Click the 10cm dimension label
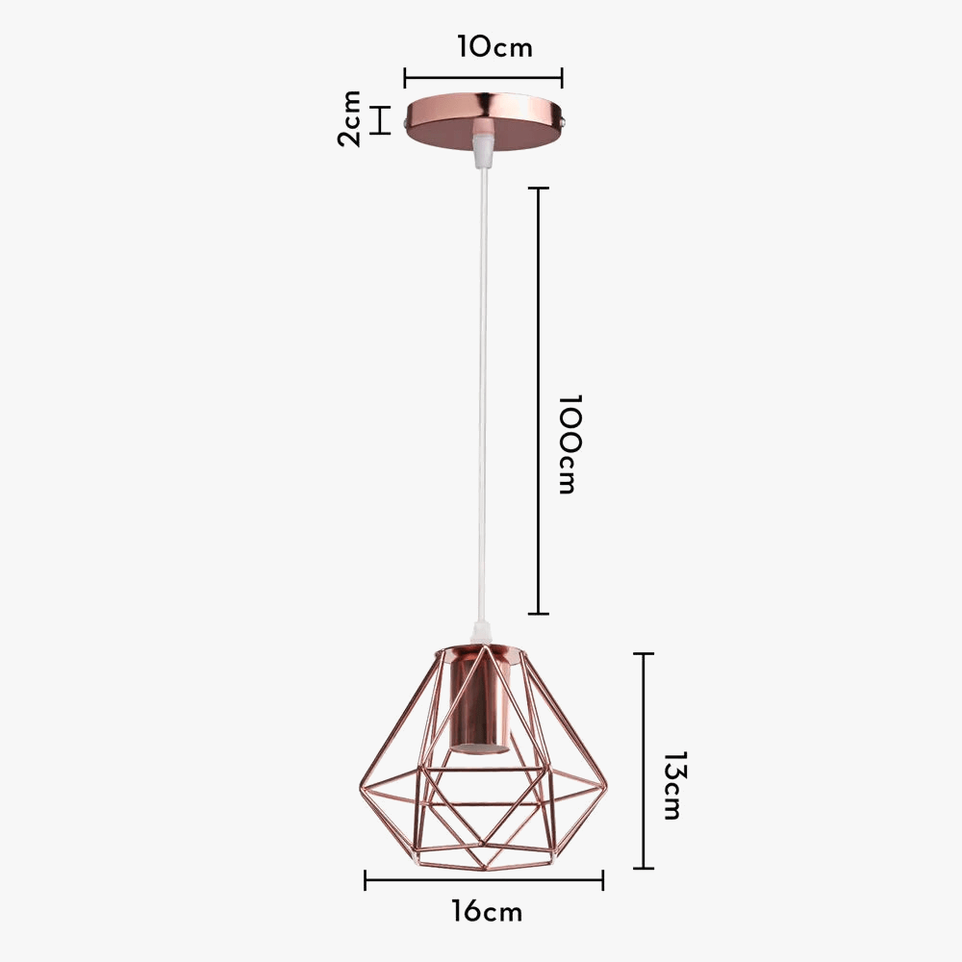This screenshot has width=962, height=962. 494,46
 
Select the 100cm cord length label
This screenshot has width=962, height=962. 569,443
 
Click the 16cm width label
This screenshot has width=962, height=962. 487,910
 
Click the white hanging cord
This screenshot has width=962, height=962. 482,385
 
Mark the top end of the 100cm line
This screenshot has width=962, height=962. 539,189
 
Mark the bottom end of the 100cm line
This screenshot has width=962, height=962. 539,613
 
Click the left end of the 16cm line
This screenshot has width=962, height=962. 366,879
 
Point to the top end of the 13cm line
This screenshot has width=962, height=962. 644,654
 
